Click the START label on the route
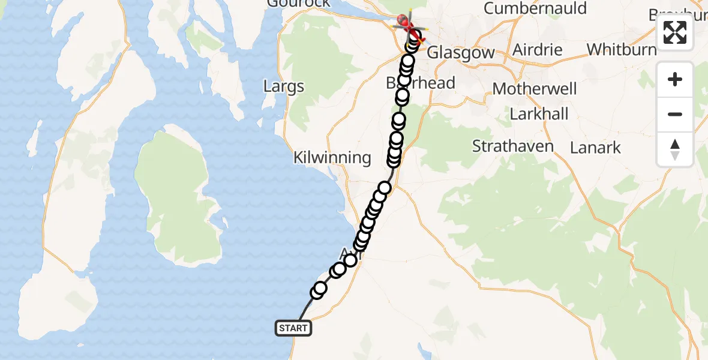click(x=293, y=328)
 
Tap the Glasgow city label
click(x=460, y=52)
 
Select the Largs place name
click(x=284, y=86)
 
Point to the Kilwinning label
click(x=332, y=158)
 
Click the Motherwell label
click(x=535, y=89)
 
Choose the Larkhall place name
click(x=539, y=114)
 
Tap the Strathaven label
click(x=513, y=146)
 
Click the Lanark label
click(x=595, y=148)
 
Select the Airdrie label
click(x=538, y=49)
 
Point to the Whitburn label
click(x=622, y=49)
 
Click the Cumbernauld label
click(x=535, y=8)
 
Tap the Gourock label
click(x=299, y=3)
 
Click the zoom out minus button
click(x=675, y=114)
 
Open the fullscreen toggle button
click(x=675, y=32)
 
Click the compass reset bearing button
click(x=675, y=149)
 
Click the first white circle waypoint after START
click(x=319, y=290)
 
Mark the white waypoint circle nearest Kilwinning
click(x=394, y=161)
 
